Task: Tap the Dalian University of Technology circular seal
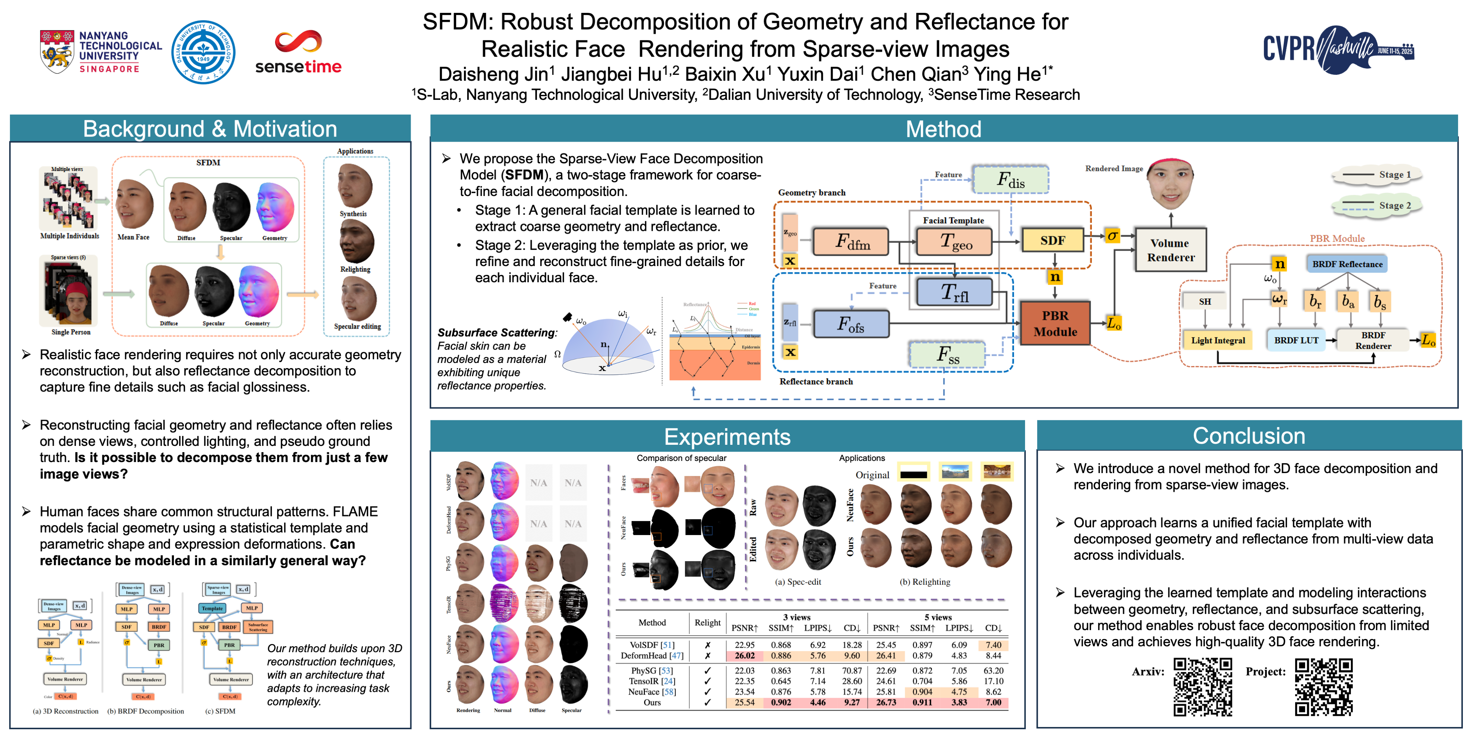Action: [x=203, y=52]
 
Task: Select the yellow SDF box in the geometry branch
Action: [x=1052, y=240]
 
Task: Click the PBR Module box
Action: [x=1055, y=324]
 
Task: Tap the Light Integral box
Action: [x=1218, y=340]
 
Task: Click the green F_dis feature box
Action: [x=1010, y=180]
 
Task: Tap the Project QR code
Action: [x=1323, y=687]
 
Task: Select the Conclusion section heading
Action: [x=1249, y=436]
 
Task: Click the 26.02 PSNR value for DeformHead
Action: [x=744, y=656]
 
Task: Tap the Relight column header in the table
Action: [x=707, y=623]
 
